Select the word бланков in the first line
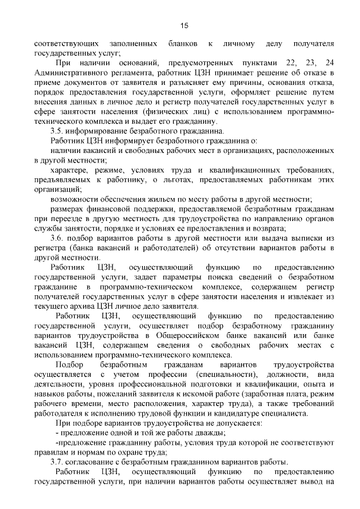tap(181, 43)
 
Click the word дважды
tap(211, 433)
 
